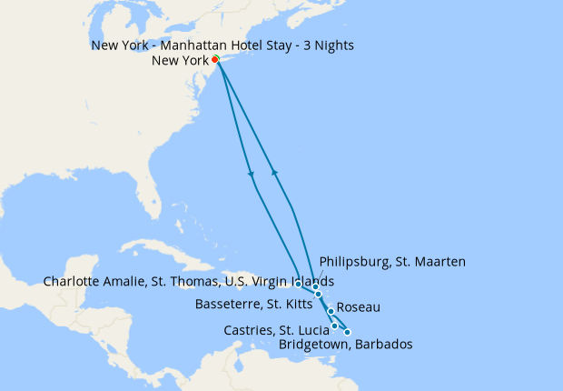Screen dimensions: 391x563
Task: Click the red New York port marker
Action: (215, 60)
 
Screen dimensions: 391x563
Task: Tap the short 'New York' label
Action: (181, 61)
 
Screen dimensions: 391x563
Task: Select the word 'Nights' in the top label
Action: (334, 45)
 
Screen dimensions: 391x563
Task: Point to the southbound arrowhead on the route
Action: (252, 175)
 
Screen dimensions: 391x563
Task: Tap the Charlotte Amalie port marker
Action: (299, 284)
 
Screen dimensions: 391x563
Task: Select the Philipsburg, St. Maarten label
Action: (387, 262)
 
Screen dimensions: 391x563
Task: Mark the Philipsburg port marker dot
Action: (315, 287)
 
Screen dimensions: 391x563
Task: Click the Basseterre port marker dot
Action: (319, 295)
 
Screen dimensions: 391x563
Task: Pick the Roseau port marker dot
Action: (331, 312)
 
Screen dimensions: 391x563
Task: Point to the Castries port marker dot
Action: (335, 326)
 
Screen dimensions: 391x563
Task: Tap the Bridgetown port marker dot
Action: (347, 333)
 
